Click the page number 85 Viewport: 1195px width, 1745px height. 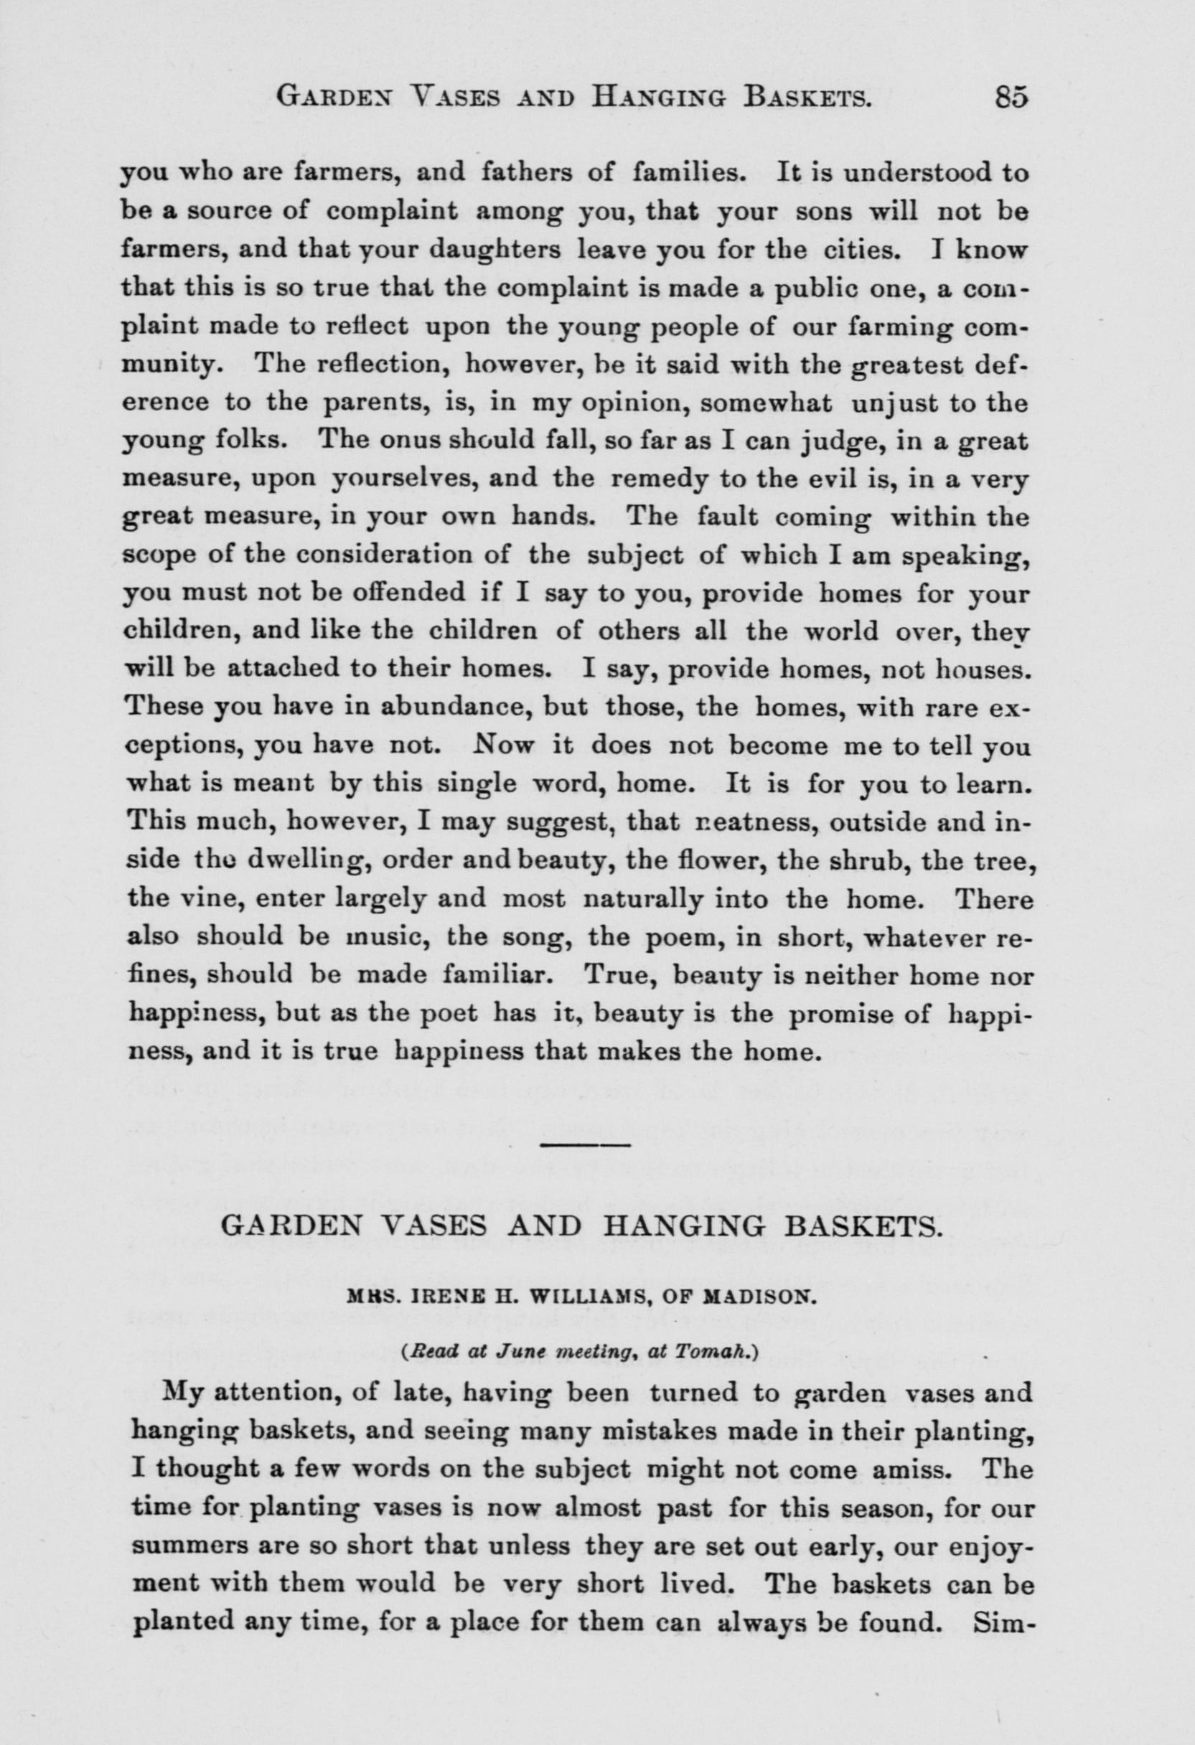point(1011,98)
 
